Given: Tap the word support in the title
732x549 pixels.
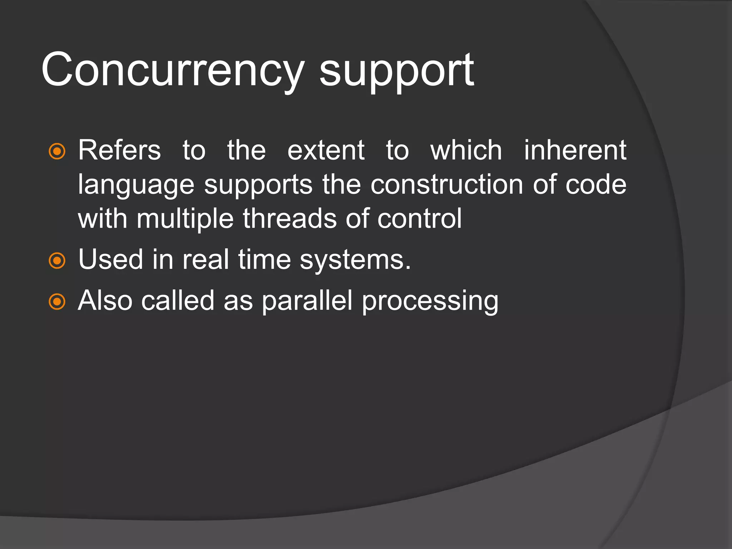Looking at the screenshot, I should coord(397,71).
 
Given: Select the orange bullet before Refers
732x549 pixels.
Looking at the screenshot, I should coord(57,151).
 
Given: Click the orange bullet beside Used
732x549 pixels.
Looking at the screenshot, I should coord(57,261).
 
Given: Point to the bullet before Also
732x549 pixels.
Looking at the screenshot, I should coord(57,302).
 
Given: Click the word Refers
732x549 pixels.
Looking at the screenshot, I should coord(119,150).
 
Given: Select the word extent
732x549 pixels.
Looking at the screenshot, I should coord(326,150).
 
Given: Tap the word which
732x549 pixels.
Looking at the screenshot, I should coord(466,150).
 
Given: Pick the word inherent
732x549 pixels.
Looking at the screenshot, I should coord(575,150).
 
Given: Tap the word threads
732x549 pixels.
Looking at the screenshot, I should coord(290,218).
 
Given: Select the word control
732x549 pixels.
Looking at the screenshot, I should coord(420,218).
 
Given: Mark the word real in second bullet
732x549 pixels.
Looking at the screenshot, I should coord(206,259).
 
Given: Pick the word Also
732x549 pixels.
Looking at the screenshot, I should coord(105,301).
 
